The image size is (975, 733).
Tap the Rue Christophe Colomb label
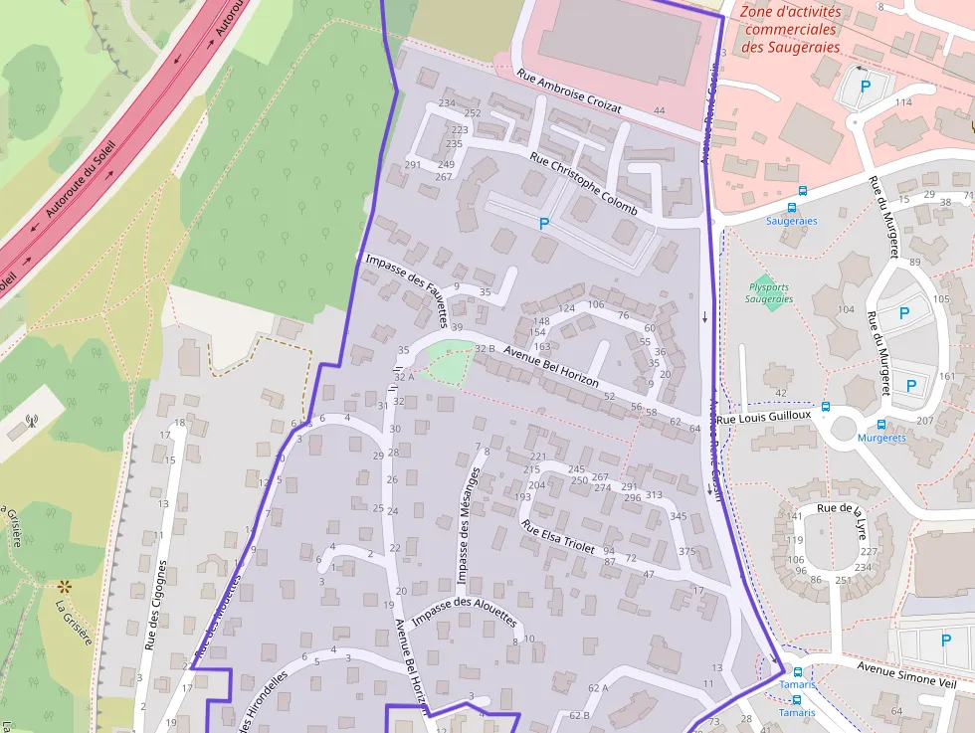pyautogui.click(x=583, y=184)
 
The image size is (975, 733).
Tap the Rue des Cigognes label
pyautogui.click(x=156, y=606)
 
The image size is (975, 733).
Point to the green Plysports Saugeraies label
pyautogui.click(x=769, y=293)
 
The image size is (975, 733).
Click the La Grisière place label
pyautogui.click(x=74, y=621)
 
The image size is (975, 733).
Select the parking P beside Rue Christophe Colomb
pyautogui.click(x=544, y=225)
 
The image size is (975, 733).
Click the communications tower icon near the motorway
pyautogui.click(x=31, y=420)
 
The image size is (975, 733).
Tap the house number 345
pyautogui.click(x=678, y=516)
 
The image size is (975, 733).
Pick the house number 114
pyautogui.click(x=902, y=102)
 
